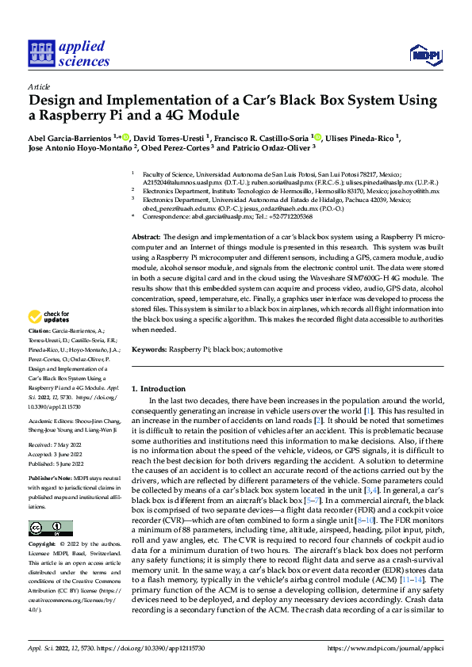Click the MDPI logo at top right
coord(424,54)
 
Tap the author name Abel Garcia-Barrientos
coord(70,136)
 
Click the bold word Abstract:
coord(146,238)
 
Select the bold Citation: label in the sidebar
coord(39,330)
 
